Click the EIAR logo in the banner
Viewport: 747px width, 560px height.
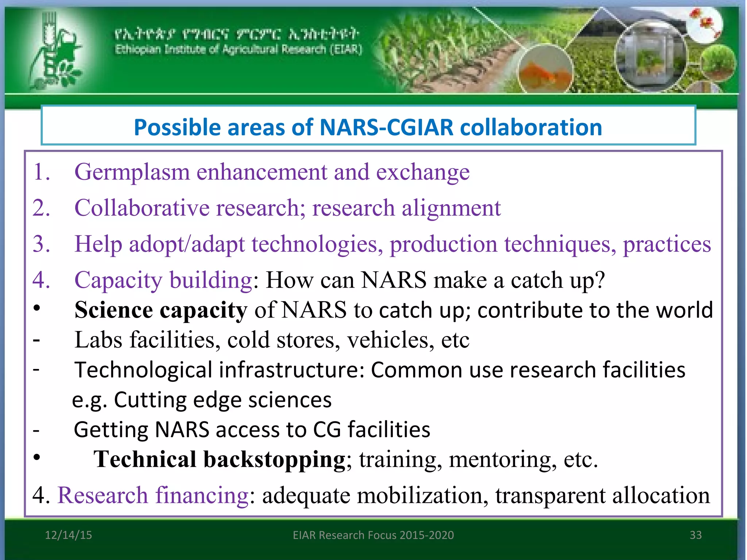pos(55,51)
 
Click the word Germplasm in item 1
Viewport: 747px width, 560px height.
pos(132,172)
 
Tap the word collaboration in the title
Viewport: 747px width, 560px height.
pos(531,128)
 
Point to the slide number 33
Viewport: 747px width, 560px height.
pos(696,535)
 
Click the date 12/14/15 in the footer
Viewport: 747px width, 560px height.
pos(68,535)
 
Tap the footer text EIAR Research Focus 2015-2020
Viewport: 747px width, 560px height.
pos(373,535)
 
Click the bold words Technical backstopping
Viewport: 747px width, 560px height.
pos(219,459)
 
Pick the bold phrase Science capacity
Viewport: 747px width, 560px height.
pos(160,310)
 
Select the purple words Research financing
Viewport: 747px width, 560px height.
pos(153,495)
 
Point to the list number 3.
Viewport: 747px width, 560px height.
pos(41,244)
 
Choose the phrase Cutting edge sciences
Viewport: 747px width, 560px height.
pos(222,400)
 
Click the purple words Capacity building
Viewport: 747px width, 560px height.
pos(163,280)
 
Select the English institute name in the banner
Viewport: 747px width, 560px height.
pos(239,49)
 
